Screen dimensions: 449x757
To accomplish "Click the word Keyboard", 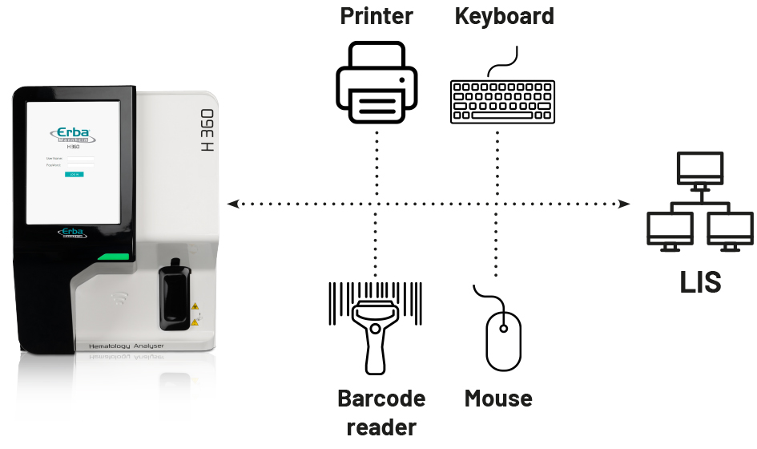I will (504, 17).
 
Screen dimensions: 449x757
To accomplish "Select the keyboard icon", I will (502, 100).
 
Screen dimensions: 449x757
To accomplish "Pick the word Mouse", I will (498, 398).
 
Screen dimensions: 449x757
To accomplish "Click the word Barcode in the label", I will (381, 398).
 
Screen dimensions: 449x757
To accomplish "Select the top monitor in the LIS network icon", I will (699, 168).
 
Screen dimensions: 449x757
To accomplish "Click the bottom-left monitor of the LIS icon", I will (670, 228).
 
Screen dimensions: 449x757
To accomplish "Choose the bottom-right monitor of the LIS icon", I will (729, 228).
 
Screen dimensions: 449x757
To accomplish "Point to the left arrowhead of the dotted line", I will (232, 204).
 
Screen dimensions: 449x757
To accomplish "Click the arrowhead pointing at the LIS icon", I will (626, 204).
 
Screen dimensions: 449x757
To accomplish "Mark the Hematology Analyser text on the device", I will (119, 346).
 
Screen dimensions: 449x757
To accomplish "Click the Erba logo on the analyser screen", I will (73, 133).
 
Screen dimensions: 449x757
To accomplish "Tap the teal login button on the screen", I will (74, 173).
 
